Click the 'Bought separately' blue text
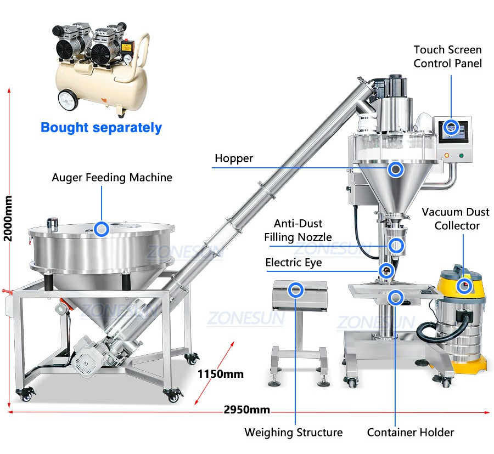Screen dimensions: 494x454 pos(101,128)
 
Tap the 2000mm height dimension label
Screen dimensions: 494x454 pos(8,218)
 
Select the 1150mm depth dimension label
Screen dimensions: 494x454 pos(221,374)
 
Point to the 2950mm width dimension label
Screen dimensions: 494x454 pos(246,410)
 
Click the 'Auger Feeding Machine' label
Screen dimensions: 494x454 pos(112,178)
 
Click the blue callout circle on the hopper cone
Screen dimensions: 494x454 pos(395,169)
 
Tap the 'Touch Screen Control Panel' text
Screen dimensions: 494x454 pos(447,56)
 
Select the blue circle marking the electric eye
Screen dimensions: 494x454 pos(386,270)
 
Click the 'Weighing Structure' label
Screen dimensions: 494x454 pos(294,432)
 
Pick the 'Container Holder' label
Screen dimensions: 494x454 pos(411,432)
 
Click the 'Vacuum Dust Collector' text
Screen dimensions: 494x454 pos(456,219)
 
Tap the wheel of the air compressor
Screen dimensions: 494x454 pos(69,100)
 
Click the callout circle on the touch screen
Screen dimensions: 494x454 pos(452,127)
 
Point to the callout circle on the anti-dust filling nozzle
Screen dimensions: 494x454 pos(396,246)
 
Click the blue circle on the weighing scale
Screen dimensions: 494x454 pos(296,290)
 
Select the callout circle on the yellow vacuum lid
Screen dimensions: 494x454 pos(464,286)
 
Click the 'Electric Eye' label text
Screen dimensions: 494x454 pos(294,263)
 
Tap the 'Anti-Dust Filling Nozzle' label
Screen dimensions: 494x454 pos(298,230)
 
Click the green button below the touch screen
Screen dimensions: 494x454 pos(461,155)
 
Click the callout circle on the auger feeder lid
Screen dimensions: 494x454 pos(102,229)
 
